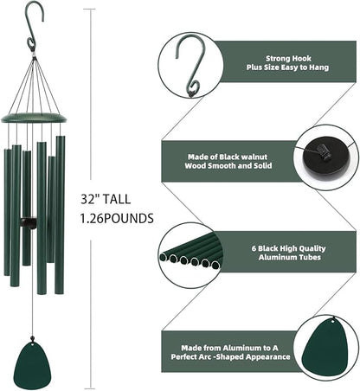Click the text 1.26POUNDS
114,219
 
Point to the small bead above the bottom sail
33,337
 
